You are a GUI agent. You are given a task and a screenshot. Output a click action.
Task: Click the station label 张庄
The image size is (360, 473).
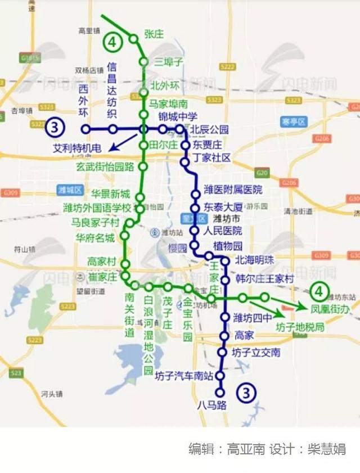pyautogui.click(x=154, y=34)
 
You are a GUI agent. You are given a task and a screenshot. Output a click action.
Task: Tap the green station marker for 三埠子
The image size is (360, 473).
pyautogui.click(x=144, y=62)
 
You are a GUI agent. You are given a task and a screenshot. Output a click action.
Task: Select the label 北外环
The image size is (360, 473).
pyautogui.click(x=165, y=86)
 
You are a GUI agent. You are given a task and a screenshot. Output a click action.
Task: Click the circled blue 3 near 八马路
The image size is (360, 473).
pyautogui.click(x=246, y=393)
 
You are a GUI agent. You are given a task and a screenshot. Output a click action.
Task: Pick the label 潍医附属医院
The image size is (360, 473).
pyautogui.click(x=233, y=190)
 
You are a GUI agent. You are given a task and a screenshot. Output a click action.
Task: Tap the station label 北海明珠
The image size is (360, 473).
pyautogui.click(x=253, y=260)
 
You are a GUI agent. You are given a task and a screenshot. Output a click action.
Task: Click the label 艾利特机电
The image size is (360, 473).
pyautogui.click(x=77, y=148)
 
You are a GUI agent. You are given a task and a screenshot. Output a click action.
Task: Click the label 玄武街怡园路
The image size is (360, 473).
pyautogui.click(x=106, y=167)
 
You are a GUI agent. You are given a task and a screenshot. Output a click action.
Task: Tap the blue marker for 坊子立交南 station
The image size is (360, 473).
pyautogui.click(x=222, y=353)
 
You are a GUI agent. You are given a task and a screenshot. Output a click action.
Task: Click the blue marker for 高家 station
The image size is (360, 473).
pyautogui.click(x=224, y=336)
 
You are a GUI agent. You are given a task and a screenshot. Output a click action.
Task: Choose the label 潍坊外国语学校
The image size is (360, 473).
pyautogui.click(x=97, y=209)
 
